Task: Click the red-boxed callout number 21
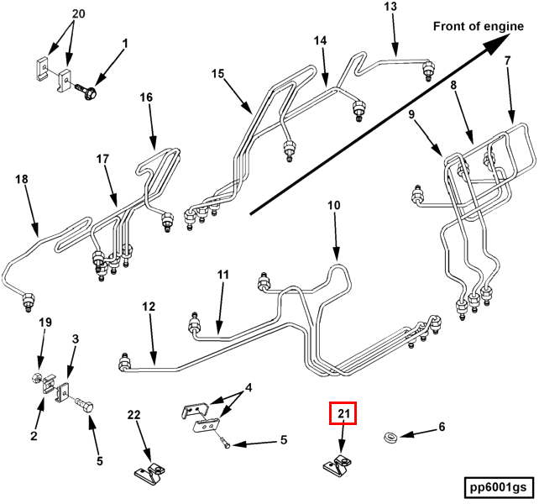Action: pyautogui.click(x=343, y=413)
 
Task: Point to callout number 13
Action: pyautogui.click(x=390, y=8)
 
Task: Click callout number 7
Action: pyautogui.click(x=507, y=61)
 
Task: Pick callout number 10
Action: pyautogui.click(x=334, y=205)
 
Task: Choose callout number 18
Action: pyautogui.click(x=22, y=178)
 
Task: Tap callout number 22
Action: pyautogui.click(x=135, y=415)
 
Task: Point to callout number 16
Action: pyautogui.click(x=146, y=97)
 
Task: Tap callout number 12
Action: pyautogui.click(x=149, y=307)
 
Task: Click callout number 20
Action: pyautogui.click(x=78, y=14)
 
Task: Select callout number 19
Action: pyautogui.click(x=45, y=322)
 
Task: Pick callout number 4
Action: pyautogui.click(x=248, y=389)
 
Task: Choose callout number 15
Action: pyautogui.click(x=217, y=74)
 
